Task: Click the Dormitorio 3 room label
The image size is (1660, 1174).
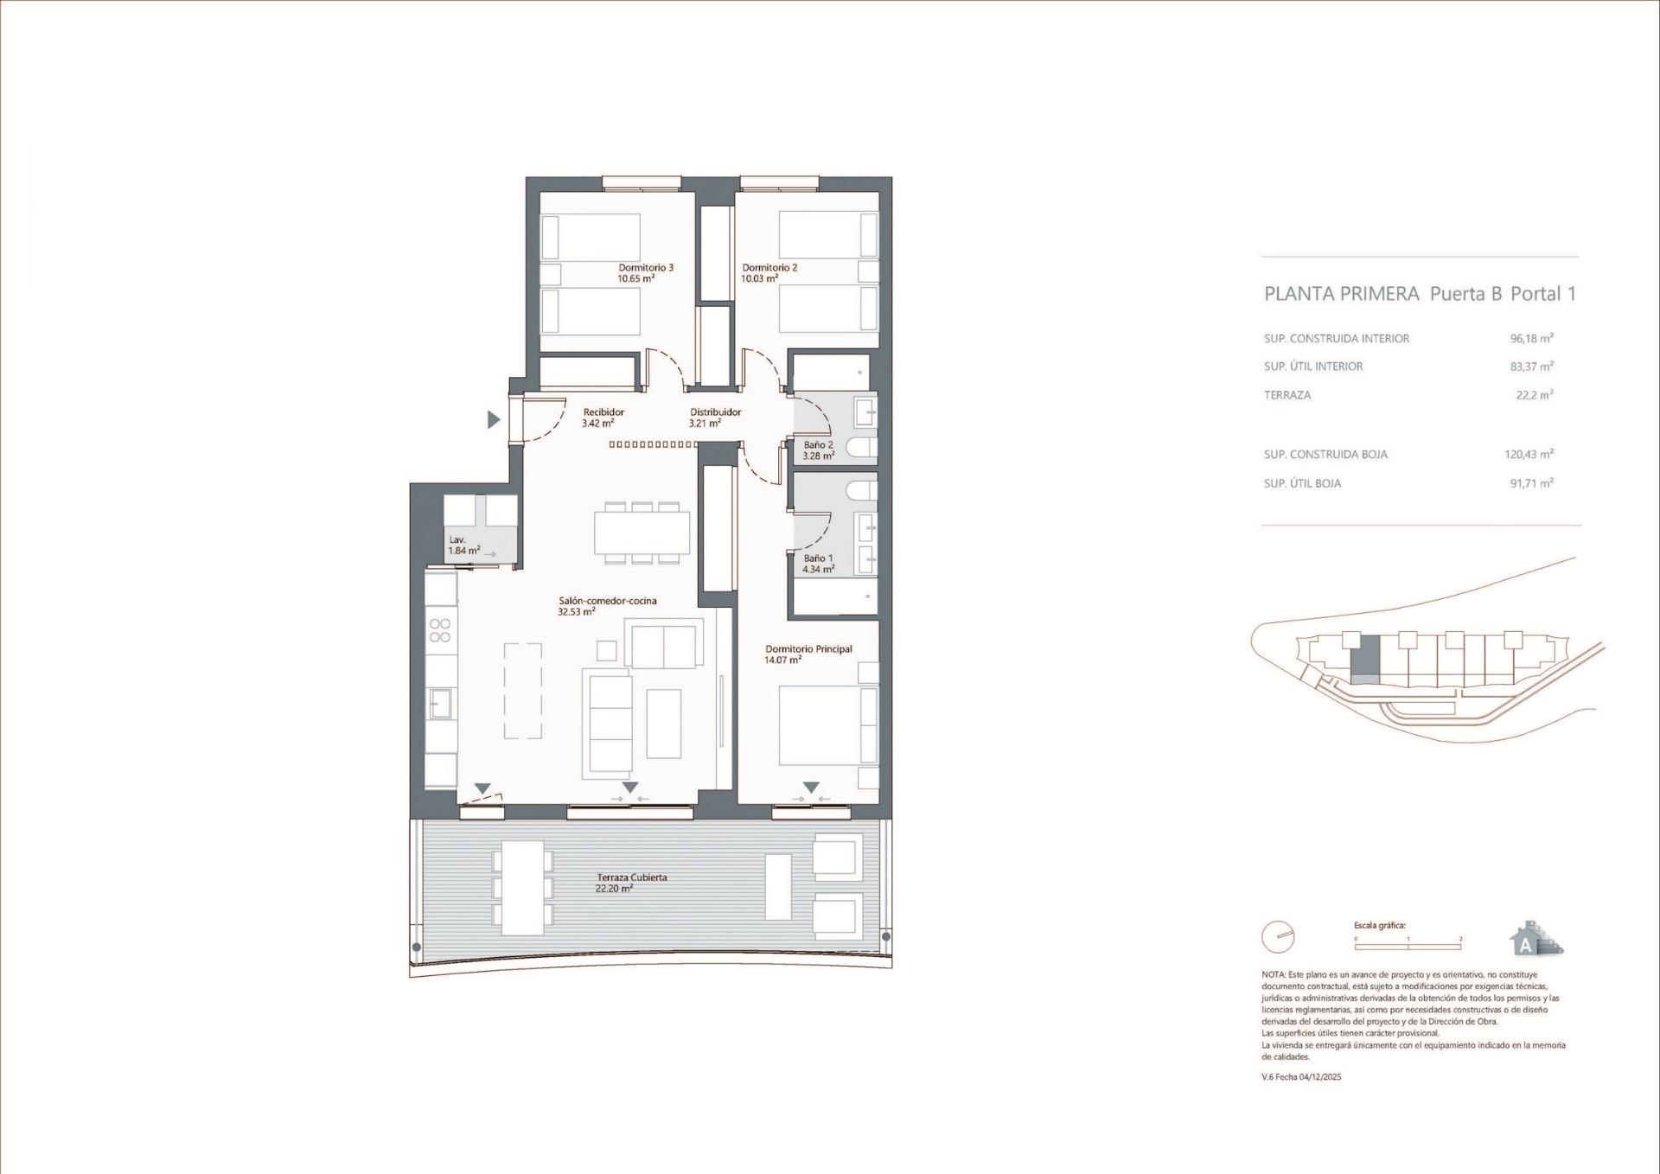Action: pos(645,268)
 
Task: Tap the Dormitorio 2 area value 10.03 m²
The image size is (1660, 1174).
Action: pos(759,279)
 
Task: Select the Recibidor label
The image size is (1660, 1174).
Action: pos(603,412)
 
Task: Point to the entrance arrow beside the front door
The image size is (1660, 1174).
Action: pos(494,420)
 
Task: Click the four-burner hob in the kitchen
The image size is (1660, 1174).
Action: pos(440,629)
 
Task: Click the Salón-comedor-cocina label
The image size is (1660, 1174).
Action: pos(607,601)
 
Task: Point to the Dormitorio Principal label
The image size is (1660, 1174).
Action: pos(808,649)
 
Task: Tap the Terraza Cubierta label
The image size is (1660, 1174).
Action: pos(631,877)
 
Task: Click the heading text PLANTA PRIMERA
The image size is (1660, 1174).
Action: pos(1341,294)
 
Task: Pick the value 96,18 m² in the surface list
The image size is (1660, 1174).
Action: pos(1531,339)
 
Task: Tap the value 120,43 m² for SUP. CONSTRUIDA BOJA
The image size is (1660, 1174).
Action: pos(1529,454)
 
